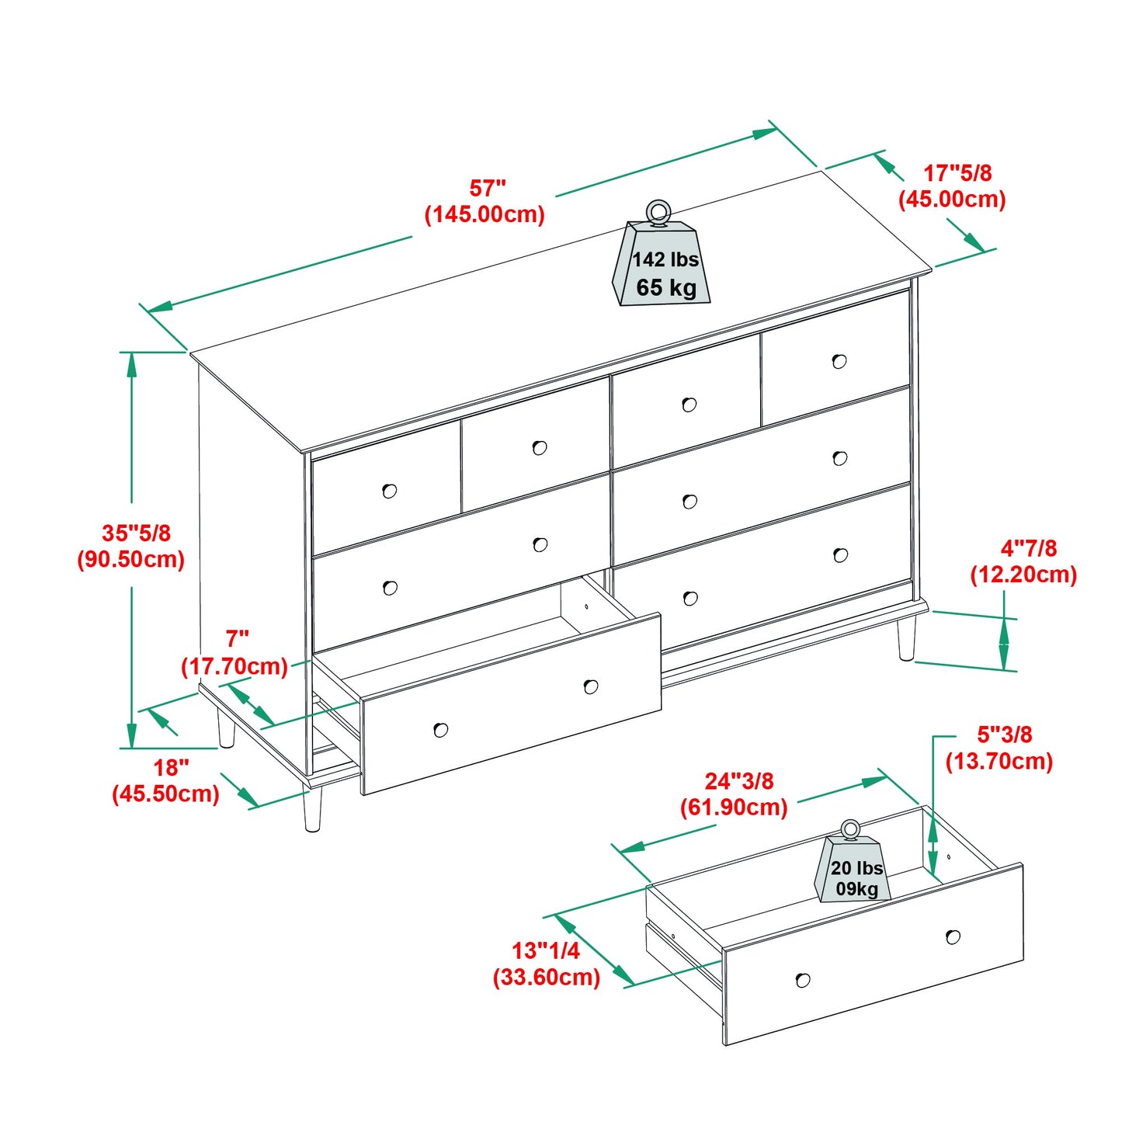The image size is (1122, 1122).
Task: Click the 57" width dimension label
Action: [487, 189]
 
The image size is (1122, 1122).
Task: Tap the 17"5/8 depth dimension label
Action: [957, 173]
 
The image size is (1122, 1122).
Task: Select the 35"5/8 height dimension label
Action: [136, 533]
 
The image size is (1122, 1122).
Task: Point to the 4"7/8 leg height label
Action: [1028, 549]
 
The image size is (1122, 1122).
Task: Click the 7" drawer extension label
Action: [237, 639]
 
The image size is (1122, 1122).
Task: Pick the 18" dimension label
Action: [171, 768]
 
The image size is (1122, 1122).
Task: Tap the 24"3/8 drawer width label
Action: [738, 781]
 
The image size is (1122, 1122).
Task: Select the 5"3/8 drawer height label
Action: [1004, 735]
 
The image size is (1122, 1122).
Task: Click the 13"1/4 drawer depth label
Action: [545, 950]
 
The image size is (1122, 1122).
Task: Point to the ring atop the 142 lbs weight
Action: [658, 210]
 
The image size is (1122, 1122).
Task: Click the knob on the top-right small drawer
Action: [839, 361]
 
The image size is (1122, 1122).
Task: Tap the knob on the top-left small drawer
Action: [390, 491]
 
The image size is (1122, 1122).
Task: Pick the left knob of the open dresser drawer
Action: [441, 730]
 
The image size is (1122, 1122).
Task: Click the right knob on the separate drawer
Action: [953, 937]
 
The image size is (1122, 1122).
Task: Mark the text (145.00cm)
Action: [485, 214]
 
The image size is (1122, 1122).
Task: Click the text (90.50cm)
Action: [130, 560]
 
